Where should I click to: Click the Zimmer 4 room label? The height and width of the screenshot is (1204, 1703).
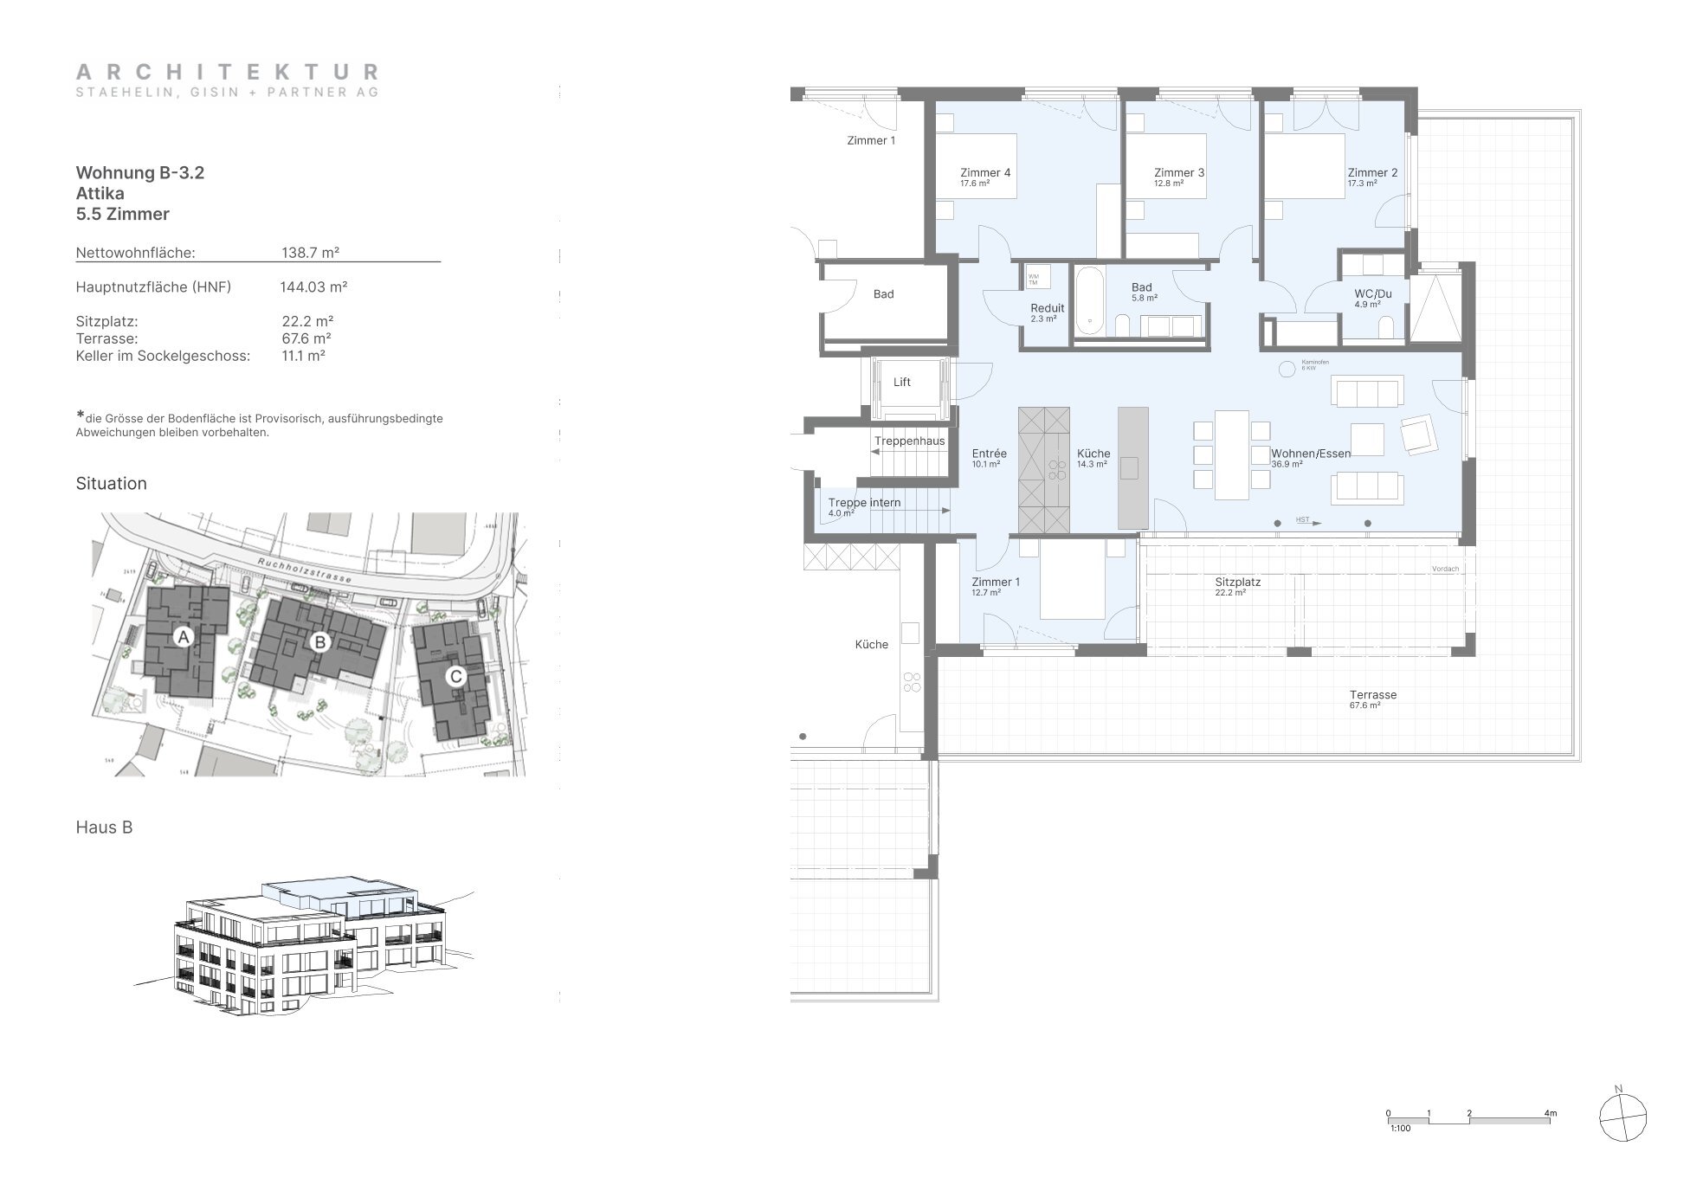[984, 173]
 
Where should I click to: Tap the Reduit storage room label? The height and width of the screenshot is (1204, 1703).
[1047, 309]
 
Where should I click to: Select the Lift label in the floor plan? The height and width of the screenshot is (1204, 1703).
[901, 383]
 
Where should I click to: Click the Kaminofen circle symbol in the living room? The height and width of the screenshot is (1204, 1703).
[1285, 367]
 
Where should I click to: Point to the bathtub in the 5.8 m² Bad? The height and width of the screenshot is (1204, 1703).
[1089, 299]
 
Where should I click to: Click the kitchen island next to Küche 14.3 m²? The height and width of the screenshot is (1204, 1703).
[1132, 467]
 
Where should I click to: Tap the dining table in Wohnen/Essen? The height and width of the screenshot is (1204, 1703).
[1231, 454]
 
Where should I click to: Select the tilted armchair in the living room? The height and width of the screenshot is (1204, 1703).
[1417, 434]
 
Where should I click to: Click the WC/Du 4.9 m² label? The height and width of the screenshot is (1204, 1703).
[1372, 294]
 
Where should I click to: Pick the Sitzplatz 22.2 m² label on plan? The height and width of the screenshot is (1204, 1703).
[1237, 583]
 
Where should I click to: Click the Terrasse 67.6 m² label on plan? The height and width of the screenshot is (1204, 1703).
[1372, 695]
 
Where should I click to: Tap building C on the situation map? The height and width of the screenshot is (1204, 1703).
[455, 676]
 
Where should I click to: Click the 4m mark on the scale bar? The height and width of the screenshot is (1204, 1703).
[1549, 1113]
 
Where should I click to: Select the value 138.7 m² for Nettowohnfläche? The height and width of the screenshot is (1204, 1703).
[310, 253]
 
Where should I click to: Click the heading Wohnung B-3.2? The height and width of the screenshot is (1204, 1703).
[140, 172]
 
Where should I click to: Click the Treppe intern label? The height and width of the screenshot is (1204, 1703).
[863, 503]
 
